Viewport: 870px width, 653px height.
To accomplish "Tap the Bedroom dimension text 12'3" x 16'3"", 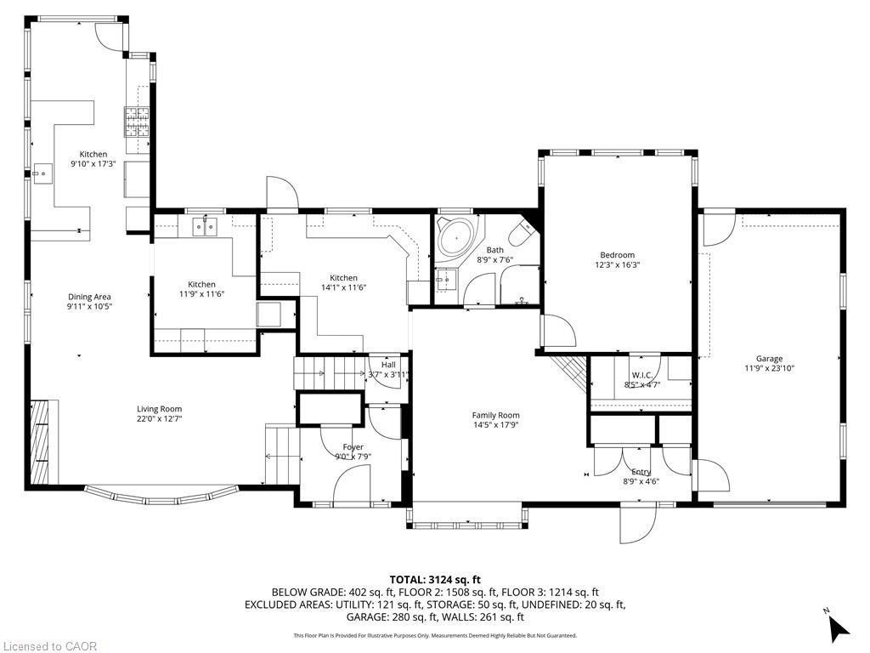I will click(617, 265).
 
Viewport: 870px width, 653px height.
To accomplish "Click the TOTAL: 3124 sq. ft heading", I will click(435, 578).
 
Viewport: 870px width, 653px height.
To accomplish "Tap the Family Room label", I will click(495, 416).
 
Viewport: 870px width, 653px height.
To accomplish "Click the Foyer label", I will click(353, 447).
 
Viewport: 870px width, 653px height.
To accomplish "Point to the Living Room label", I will click(159, 409).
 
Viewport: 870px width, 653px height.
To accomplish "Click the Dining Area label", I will click(90, 297).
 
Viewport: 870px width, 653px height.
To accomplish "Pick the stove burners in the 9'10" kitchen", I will click(138, 122).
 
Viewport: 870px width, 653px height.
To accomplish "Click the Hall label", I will click(388, 365).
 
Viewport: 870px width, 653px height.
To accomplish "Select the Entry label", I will click(641, 472).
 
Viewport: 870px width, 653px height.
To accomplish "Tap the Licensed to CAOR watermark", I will click(49, 646).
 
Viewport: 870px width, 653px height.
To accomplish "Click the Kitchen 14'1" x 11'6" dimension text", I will click(343, 288).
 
